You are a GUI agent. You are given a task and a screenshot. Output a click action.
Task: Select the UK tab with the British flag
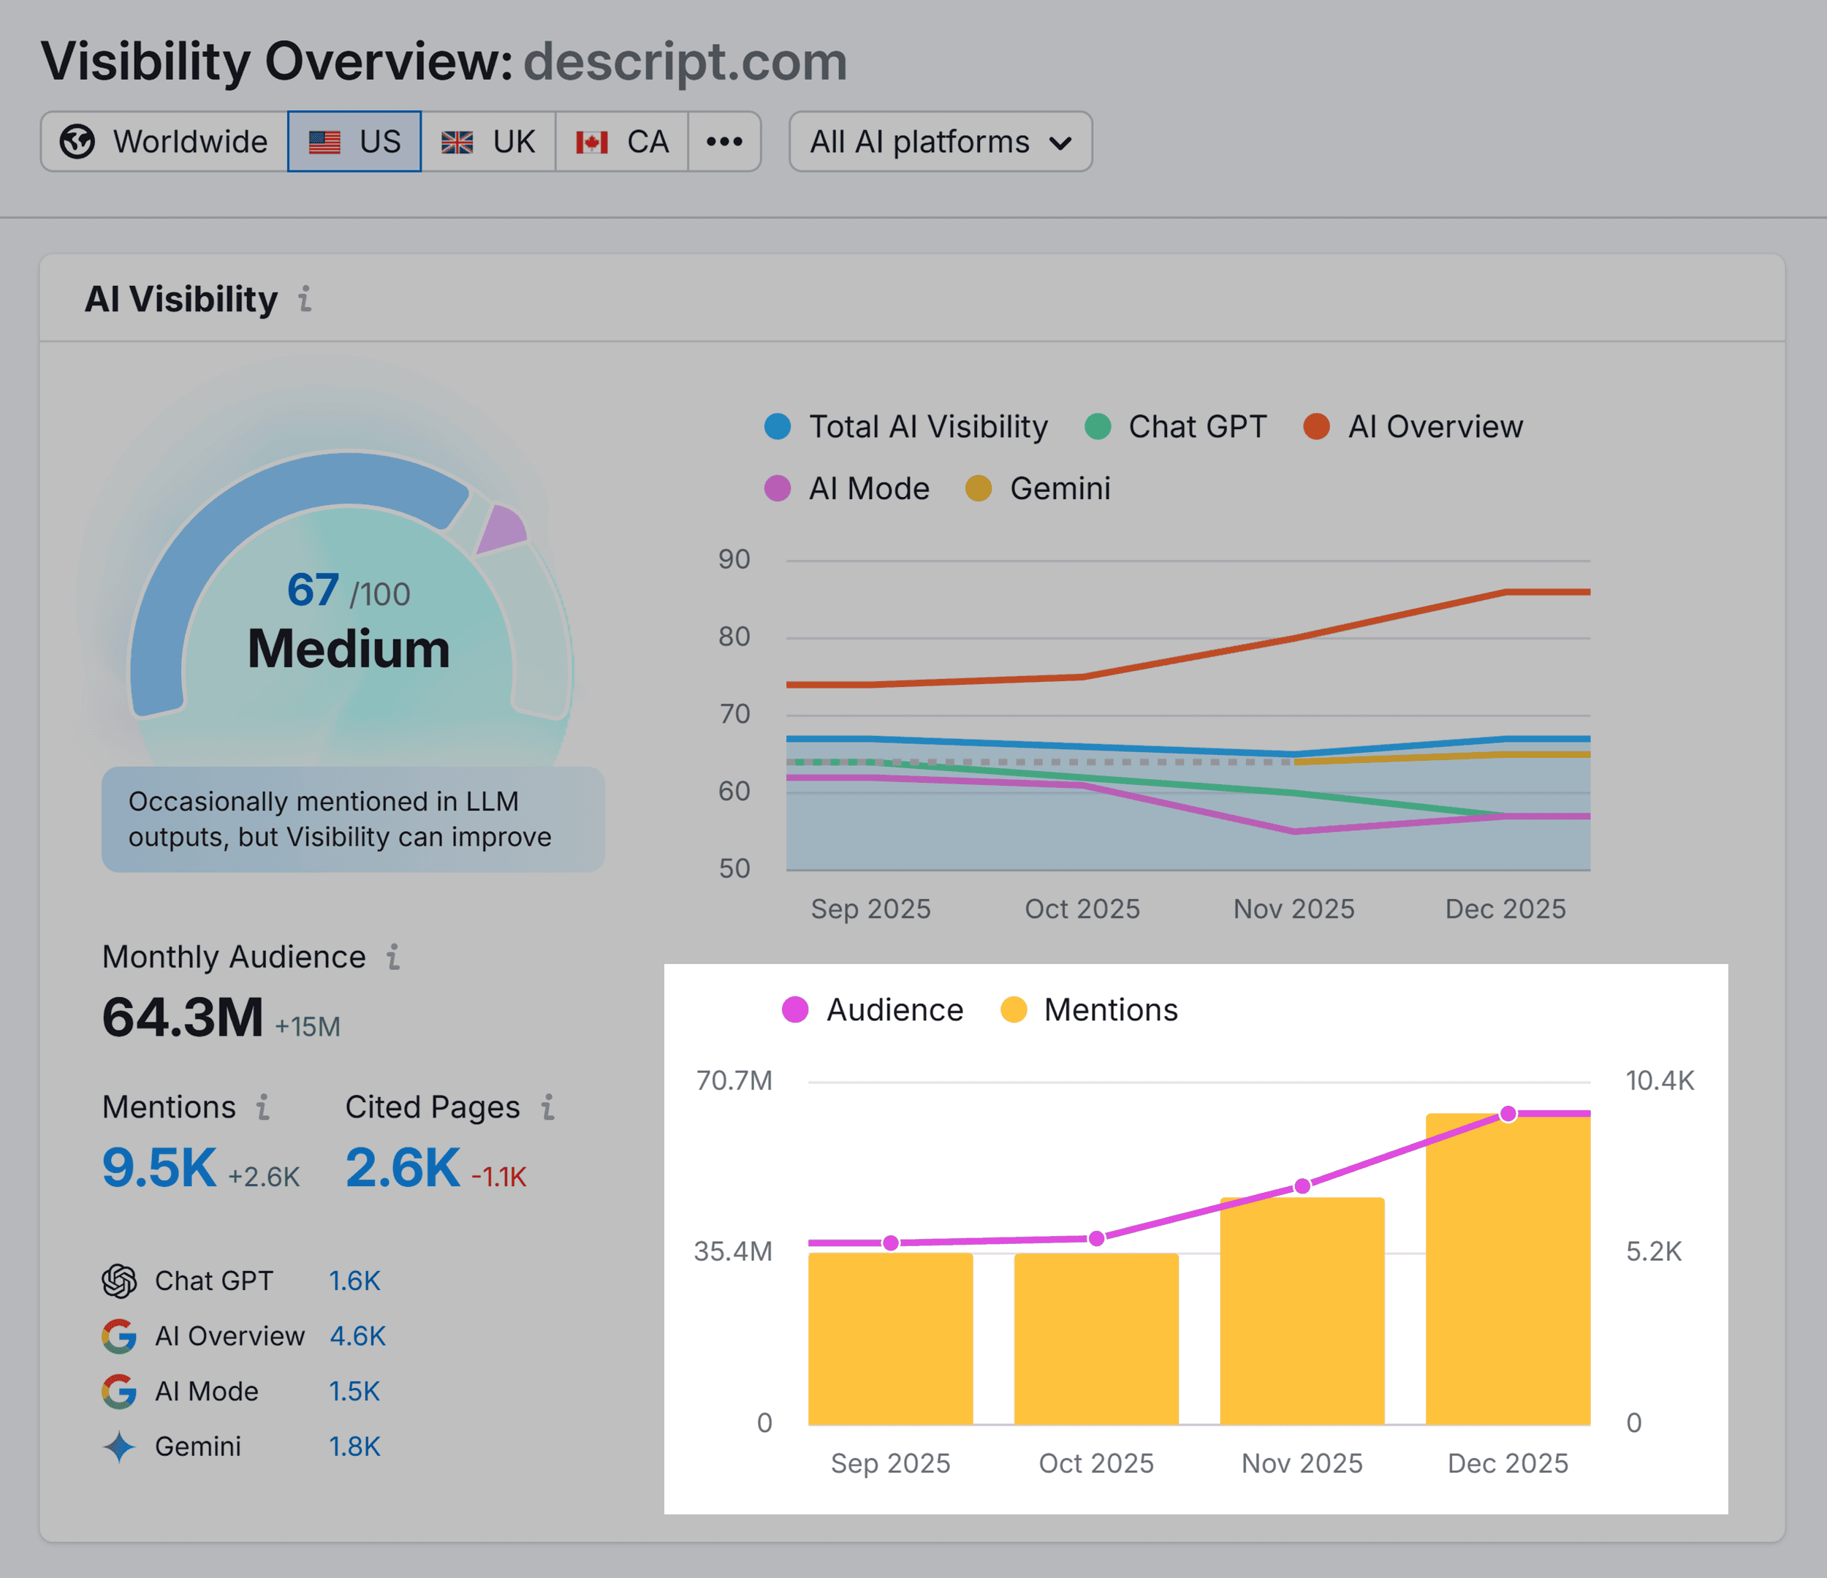pos(487,141)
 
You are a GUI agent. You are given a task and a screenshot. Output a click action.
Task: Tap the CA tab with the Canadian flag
pos(622,141)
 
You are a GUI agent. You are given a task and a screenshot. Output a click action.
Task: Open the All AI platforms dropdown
pos(940,141)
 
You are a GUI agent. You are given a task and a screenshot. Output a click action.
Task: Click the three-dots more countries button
pos(724,141)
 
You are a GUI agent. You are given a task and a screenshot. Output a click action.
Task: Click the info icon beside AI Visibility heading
pos(305,299)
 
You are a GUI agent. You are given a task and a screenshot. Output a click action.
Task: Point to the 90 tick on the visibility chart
pos(734,559)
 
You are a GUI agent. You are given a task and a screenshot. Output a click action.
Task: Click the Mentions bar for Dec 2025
pos(1508,1270)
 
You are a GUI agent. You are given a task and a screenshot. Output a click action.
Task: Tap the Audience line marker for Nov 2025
pos(1302,1186)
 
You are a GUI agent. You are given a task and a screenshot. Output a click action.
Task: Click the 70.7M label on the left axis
pos(734,1080)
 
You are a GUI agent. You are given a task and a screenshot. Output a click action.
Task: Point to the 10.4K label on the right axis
pos(1660,1080)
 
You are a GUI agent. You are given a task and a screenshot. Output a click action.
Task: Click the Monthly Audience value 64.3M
pos(183,1017)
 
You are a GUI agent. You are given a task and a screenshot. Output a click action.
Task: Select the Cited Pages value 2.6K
pos(402,1168)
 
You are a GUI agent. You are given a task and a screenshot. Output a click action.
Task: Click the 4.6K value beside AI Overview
pos(357,1336)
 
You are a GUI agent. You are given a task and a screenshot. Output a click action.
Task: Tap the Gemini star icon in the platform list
pos(119,1446)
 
